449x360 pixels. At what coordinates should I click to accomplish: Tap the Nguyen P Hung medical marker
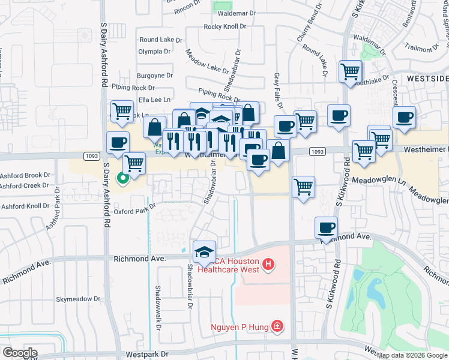pyautogui.click(x=277, y=326)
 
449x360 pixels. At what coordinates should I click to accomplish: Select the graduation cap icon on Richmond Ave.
pyautogui.click(x=204, y=251)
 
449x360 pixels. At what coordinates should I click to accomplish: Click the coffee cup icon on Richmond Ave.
pyautogui.click(x=327, y=227)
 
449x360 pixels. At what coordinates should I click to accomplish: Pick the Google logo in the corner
pyautogui.click(x=20, y=353)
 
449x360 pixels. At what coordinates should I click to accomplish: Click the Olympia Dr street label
pyautogui.click(x=155, y=52)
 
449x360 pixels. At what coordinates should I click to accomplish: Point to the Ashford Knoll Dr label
pyautogui.click(x=25, y=206)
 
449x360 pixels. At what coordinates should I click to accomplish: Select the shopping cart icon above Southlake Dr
pyautogui.click(x=349, y=71)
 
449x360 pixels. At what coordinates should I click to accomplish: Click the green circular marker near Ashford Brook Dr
pyautogui.click(x=122, y=178)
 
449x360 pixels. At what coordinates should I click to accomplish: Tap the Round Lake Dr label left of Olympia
pyautogui.click(x=156, y=40)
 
